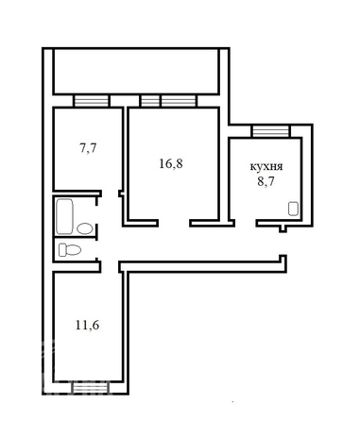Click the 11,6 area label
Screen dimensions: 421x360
coord(86,324)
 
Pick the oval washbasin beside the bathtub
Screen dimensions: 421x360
coord(85,227)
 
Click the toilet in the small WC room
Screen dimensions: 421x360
coord(69,250)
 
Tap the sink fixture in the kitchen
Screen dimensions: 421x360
coord(294,211)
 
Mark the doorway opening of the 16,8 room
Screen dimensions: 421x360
coord(175,223)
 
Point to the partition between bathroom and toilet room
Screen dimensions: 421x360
coord(76,238)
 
